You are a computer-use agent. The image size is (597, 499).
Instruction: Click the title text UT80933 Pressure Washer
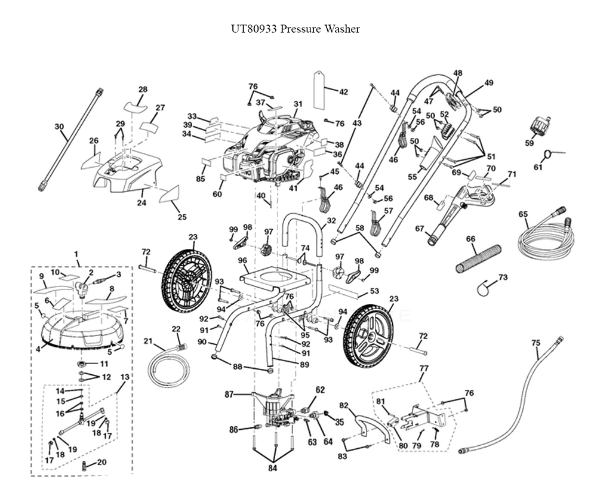tap(296, 29)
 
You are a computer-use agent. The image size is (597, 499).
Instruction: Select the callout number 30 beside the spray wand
tap(59, 127)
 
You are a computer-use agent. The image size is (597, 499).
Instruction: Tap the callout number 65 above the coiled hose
tap(523, 214)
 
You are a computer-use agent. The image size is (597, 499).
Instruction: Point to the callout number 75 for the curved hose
tap(536, 343)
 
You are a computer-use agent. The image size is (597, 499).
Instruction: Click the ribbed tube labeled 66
tap(480, 257)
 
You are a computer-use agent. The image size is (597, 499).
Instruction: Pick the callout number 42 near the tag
tap(343, 92)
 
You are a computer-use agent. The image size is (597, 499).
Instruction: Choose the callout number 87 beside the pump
tap(229, 394)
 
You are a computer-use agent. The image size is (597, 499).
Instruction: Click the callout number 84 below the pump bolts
tap(272, 469)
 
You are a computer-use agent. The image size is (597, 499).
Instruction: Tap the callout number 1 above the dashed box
tap(76, 254)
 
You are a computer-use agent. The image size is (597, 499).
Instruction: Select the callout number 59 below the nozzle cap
tap(529, 143)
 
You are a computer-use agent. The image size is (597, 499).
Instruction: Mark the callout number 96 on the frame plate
tap(242, 260)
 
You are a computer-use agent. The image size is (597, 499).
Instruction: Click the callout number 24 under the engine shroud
tap(142, 203)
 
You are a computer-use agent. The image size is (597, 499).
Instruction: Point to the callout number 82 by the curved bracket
tap(343, 405)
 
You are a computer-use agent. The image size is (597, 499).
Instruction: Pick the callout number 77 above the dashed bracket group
tap(423, 369)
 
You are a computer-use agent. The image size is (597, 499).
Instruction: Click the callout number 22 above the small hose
tap(176, 329)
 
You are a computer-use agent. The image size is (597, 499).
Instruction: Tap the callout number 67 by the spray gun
tap(419, 228)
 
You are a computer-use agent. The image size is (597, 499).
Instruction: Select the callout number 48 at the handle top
tap(458, 73)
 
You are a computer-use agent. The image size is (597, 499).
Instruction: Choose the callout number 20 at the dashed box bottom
tap(101, 462)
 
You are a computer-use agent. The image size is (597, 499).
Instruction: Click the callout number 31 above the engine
tap(298, 104)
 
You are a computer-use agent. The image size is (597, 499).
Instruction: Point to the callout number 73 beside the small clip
tap(503, 277)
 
